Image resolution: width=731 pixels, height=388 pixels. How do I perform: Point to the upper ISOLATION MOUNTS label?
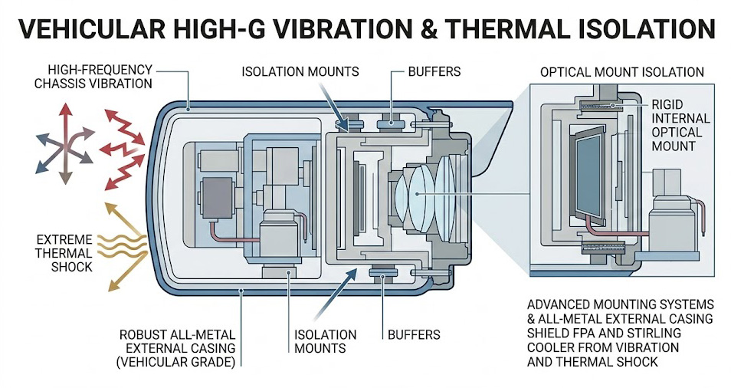coord(300,72)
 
